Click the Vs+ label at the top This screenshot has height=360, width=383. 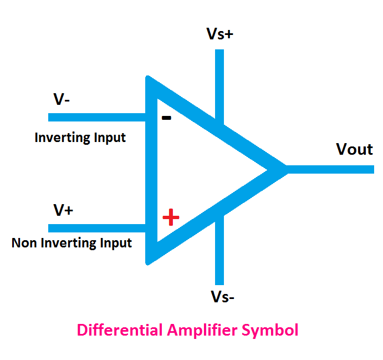(220, 34)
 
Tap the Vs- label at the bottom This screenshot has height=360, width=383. (222, 297)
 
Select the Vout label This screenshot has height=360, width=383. (354, 149)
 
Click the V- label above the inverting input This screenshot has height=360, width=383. (62, 100)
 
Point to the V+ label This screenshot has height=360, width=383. (63, 210)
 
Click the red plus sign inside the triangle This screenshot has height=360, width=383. (171, 218)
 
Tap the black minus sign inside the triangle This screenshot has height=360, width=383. (166, 118)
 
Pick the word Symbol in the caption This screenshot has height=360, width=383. (272, 330)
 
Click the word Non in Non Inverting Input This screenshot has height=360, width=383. (23, 243)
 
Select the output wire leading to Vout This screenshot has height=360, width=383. (333, 169)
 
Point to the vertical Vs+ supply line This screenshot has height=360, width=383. (219, 83)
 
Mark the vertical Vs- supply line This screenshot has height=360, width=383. (219, 250)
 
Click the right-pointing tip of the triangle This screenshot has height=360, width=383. (285, 169)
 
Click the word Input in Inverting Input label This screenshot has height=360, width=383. (109, 138)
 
